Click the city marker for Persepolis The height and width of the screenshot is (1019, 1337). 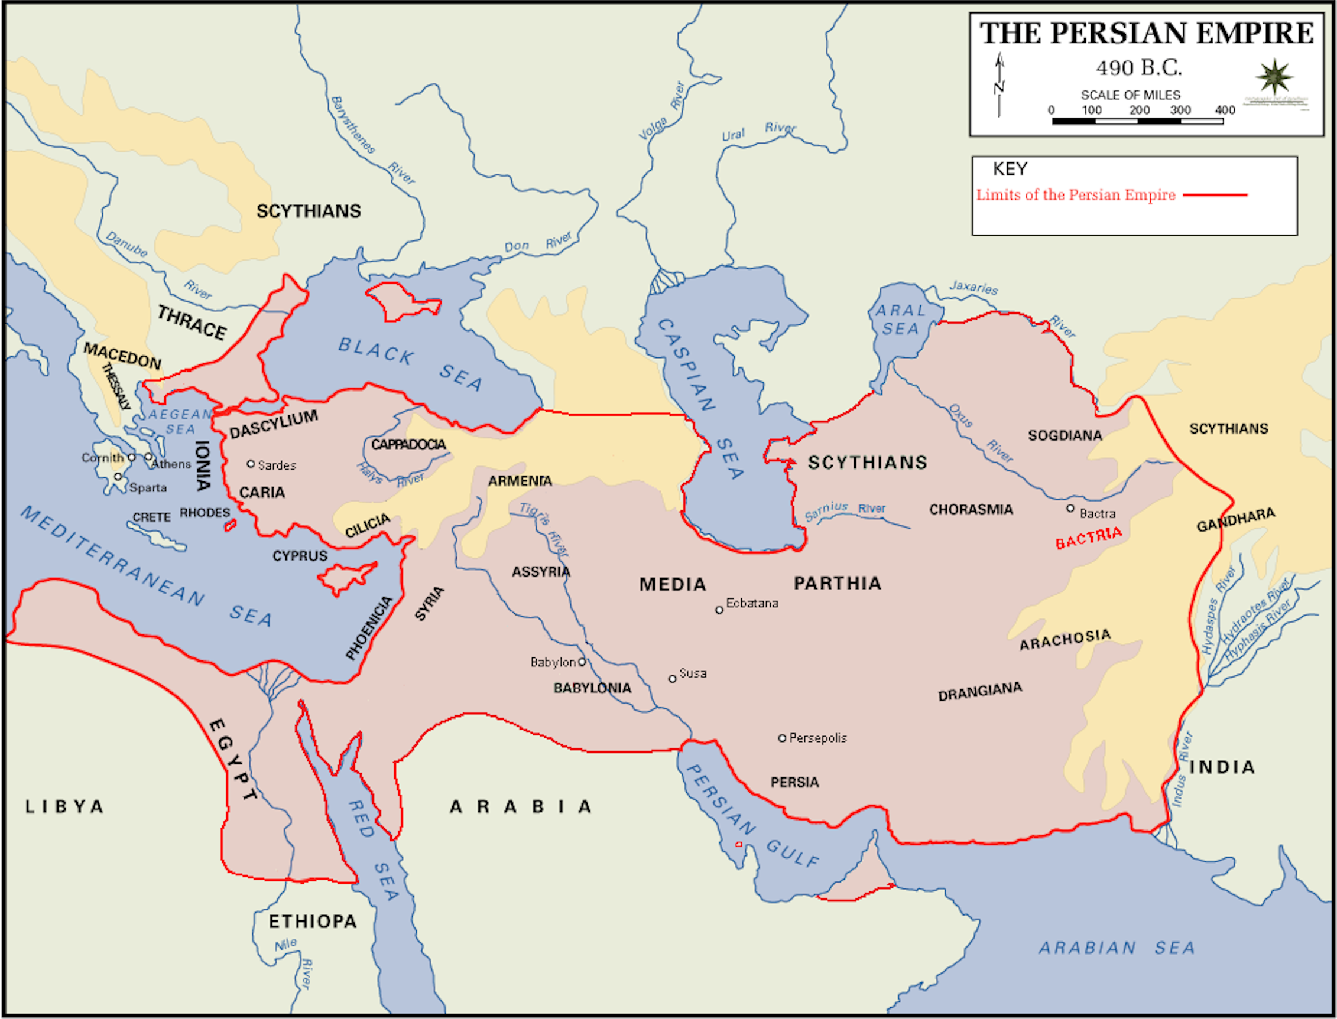[x=783, y=738]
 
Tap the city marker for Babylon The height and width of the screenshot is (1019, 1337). [x=582, y=662]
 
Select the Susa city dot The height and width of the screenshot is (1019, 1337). [x=673, y=679]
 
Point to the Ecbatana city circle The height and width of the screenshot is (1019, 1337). [x=719, y=610]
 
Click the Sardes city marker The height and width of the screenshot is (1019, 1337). [x=251, y=464]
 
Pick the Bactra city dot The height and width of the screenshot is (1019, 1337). [x=1070, y=508]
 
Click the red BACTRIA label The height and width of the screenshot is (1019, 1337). [x=1089, y=538]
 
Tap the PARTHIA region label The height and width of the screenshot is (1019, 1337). [x=838, y=583]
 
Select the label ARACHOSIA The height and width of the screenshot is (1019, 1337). [x=1065, y=639]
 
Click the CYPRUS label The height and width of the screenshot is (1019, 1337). [x=300, y=556]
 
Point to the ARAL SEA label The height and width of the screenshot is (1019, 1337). [x=901, y=319]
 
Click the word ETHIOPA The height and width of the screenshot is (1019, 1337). [x=313, y=922]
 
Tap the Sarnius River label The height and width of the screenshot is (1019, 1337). [x=845, y=511]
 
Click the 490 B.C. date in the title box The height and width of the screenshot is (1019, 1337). [x=1138, y=67]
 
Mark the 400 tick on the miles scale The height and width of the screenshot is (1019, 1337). [x=1225, y=110]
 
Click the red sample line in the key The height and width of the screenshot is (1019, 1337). [x=1215, y=195]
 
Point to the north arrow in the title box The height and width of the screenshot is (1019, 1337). [x=999, y=85]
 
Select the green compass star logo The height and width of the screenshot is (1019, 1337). [x=1274, y=77]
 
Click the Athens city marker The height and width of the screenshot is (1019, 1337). [x=149, y=457]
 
